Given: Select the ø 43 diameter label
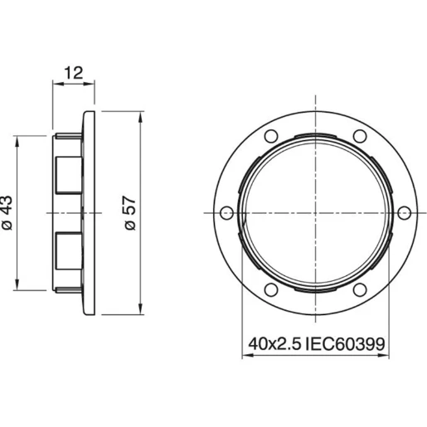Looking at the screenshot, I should tap(7, 213).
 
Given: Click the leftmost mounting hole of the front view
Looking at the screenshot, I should tap(226, 213).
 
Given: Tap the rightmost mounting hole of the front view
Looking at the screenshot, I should tap(404, 213).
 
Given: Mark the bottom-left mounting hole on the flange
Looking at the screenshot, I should tap(270, 290).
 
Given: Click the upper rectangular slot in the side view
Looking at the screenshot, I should tap(68, 174).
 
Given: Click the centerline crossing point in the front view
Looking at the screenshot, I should tap(315, 213).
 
